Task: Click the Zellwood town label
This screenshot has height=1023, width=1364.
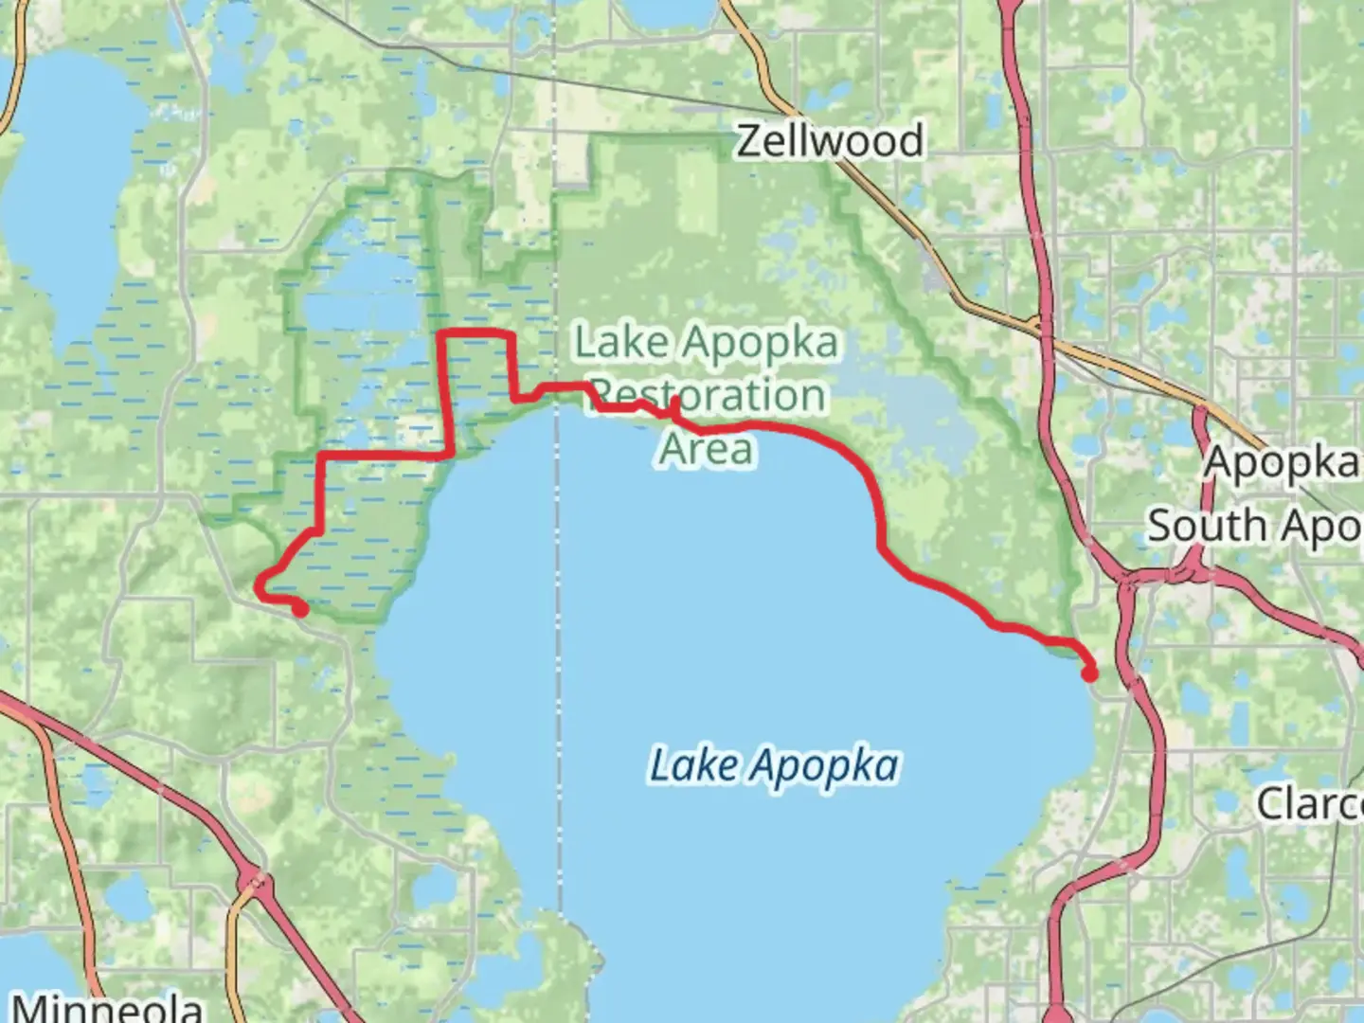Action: [x=829, y=141]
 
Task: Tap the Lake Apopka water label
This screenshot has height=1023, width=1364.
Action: [x=774, y=765]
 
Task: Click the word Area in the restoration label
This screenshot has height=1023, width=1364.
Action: [x=707, y=449]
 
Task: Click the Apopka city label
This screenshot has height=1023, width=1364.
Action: [x=1282, y=463]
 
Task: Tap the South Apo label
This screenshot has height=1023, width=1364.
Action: [x=1254, y=525]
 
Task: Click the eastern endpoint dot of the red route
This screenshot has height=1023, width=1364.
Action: [x=1090, y=674]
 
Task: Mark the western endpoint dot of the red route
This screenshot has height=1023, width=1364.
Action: [x=300, y=610]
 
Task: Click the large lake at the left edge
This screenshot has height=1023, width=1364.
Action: [x=71, y=189]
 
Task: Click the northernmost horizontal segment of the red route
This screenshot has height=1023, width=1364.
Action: [x=476, y=334]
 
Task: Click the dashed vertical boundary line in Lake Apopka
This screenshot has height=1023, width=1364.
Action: [x=560, y=663]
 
